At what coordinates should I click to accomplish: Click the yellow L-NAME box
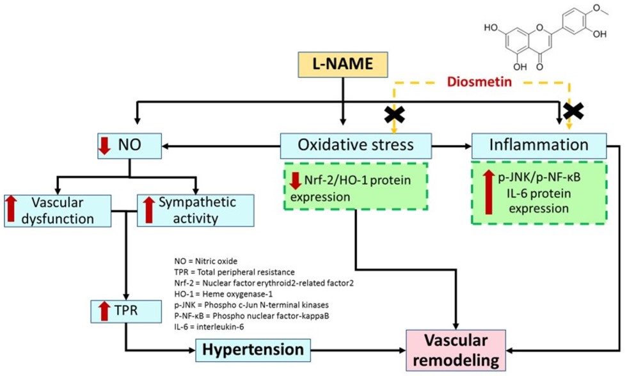345,64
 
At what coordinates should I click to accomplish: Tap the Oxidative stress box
355,146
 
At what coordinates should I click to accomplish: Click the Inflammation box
538,146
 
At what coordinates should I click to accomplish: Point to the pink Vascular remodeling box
456,349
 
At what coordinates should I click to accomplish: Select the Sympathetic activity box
196,210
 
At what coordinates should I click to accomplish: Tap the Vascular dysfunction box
59,210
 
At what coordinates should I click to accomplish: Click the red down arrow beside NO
104,146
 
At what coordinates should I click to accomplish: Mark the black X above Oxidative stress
393,114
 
